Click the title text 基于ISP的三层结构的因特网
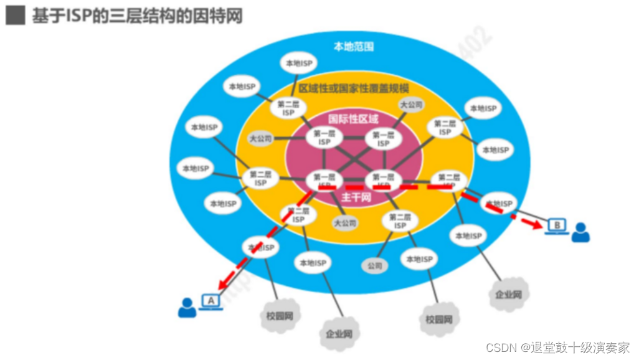pyautogui.click(x=137, y=16)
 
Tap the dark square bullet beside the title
pyautogui.click(x=16, y=16)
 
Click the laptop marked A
pyautogui.click(x=211, y=301)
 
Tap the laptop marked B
pyautogui.click(x=557, y=225)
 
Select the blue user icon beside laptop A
pyautogui.click(x=186, y=307)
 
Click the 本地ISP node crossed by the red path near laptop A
pyautogui.click(x=260, y=247)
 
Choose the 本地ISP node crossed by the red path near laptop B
pyautogui.click(x=499, y=203)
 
